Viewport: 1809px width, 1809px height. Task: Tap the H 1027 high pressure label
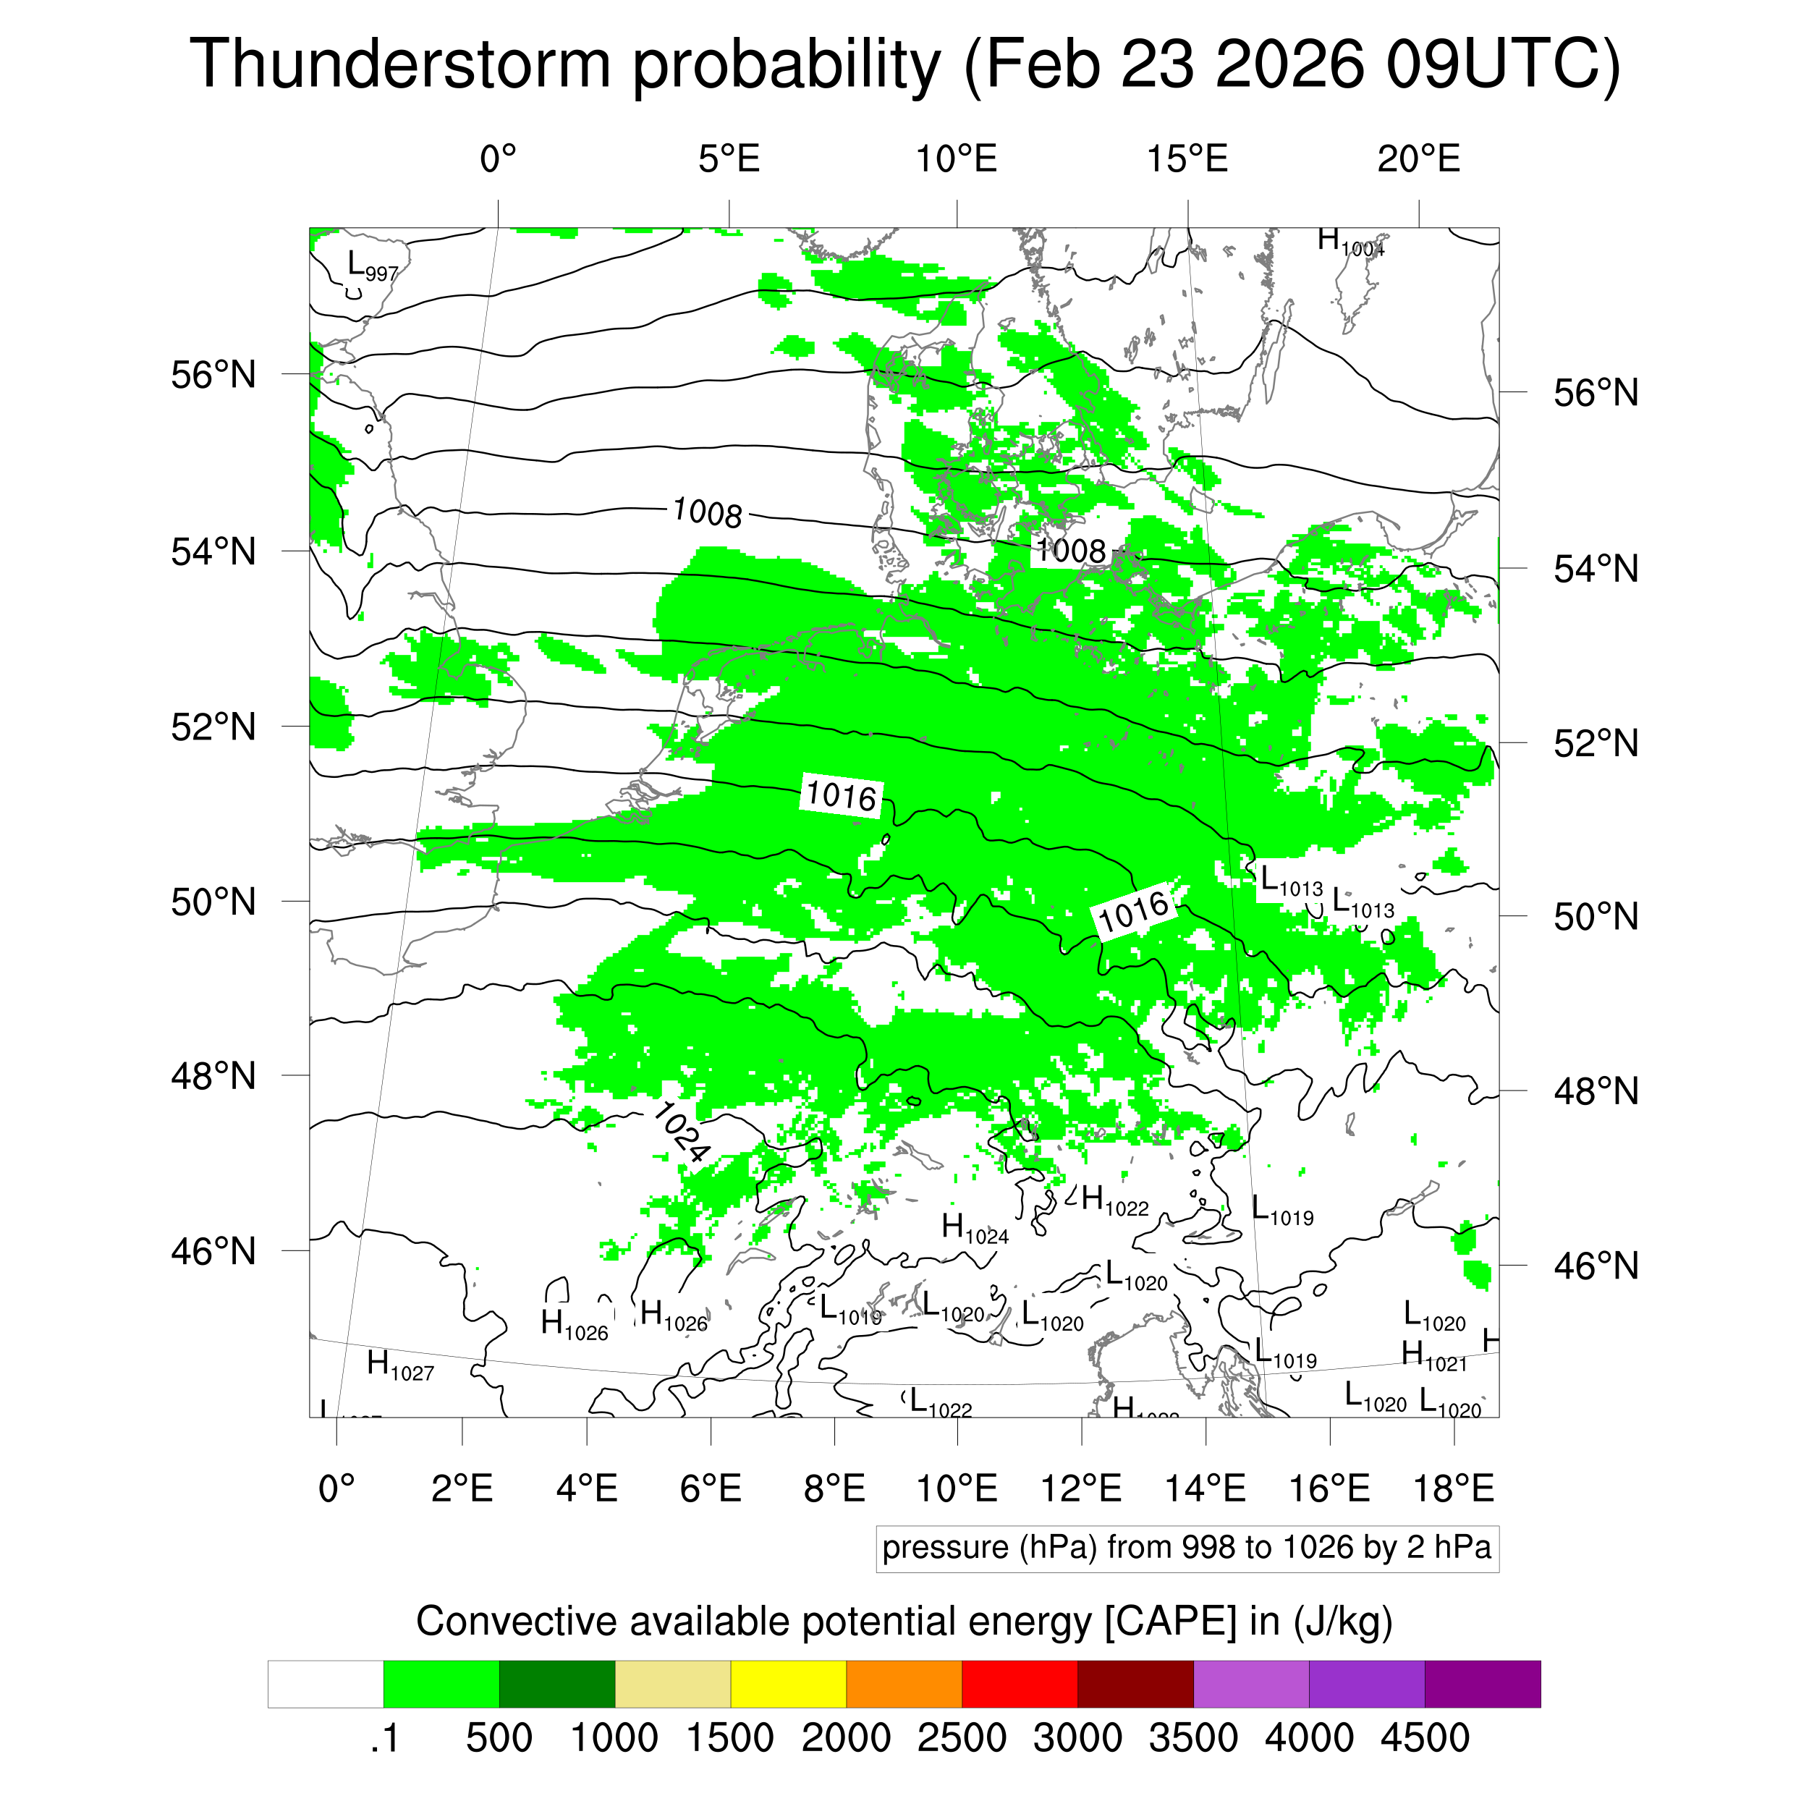(400, 1366)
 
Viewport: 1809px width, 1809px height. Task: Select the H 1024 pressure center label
(974, 1229)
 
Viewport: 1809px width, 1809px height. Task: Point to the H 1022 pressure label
(1114, 1201)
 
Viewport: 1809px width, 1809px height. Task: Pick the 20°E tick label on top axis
(1418, 159)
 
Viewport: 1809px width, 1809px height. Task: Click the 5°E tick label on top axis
(729, 159)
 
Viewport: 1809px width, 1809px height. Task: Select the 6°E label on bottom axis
(711, 1488)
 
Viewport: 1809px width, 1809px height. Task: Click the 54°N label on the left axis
(213, 551)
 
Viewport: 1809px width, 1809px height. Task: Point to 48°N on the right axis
(1596, 1091)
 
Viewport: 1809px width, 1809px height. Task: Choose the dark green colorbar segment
(556, 1684)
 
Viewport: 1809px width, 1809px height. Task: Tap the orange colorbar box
(904, 1684)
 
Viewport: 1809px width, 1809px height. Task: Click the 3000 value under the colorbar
(1077, 1738)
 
